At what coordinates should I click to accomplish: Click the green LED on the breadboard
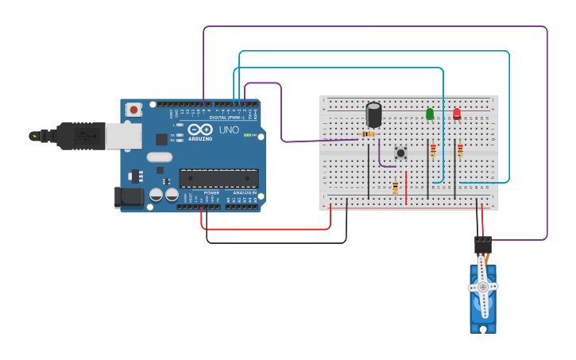[x=430, y=114]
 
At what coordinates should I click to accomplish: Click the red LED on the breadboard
[x=457, y=114]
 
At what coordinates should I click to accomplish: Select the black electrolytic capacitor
[x=373, y=114]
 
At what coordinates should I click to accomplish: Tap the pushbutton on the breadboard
[x=400, y=153]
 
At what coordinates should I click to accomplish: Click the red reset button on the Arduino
[x=133, y=110]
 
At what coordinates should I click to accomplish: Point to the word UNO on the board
[x=229, y=130]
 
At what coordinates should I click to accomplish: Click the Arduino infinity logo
[x=200, y=130]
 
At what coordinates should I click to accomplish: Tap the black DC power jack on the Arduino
[x=129, y=197]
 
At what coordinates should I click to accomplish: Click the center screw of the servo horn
[x=483, y=287]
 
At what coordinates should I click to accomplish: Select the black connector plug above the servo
[x=483, y=244]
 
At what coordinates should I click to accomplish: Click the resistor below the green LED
[x=433, y=149]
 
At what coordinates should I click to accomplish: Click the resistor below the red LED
[x=460, y=149]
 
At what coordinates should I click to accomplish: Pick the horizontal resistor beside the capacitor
[x=368, y=134]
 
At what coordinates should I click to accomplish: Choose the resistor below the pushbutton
[x=395, y=188]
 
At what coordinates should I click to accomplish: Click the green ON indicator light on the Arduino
[x=247, y=135]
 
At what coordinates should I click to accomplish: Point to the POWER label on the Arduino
[x=211, y=192]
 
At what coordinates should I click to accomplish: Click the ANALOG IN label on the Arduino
[x=244, y=192]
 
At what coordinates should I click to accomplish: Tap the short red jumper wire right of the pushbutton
[x=406, y=187]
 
